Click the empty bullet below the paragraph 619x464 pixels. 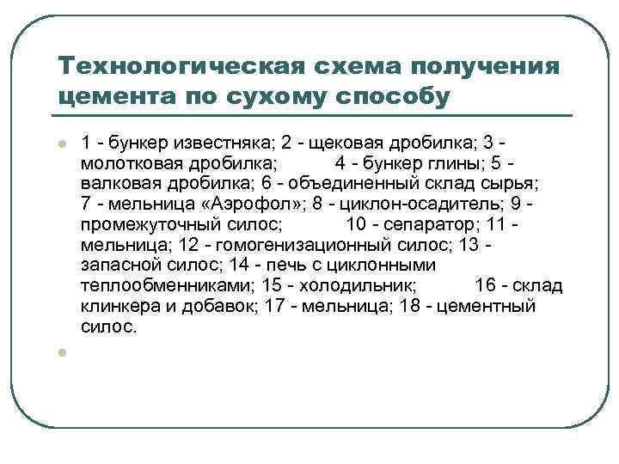63,351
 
